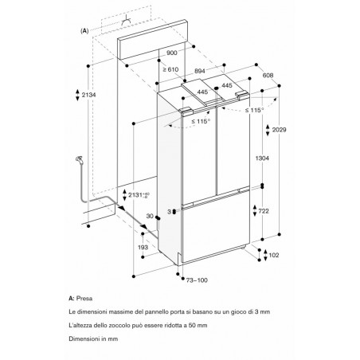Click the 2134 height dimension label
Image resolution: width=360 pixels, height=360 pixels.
point(88,95)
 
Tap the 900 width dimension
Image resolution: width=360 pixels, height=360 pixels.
point(172,53)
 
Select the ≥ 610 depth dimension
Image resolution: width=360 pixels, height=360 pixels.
point(170,69)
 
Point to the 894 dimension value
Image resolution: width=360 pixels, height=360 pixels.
point(200,71)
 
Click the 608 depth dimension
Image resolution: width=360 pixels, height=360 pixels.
point(268,76)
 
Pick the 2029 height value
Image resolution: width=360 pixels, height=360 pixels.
point(280,130)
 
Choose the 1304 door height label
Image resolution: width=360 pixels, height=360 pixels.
point(262,158)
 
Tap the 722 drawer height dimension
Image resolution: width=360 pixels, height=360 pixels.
point(264,211)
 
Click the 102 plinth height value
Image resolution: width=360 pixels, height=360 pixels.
point(274,255)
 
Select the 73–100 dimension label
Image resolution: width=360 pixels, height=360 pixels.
point(197,280)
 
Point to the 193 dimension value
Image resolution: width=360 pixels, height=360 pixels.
point(143,248)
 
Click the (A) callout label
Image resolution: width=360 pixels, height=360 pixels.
point(84,31)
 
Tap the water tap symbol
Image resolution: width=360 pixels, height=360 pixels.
point(80,160)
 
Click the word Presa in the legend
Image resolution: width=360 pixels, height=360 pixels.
point(84,299)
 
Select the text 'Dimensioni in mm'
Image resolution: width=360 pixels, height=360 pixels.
point(93,338)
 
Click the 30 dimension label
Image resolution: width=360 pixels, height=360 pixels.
point(150,217)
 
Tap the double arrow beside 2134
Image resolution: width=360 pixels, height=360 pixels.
point(77,95)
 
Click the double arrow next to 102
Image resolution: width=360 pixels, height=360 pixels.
point(265,255)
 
